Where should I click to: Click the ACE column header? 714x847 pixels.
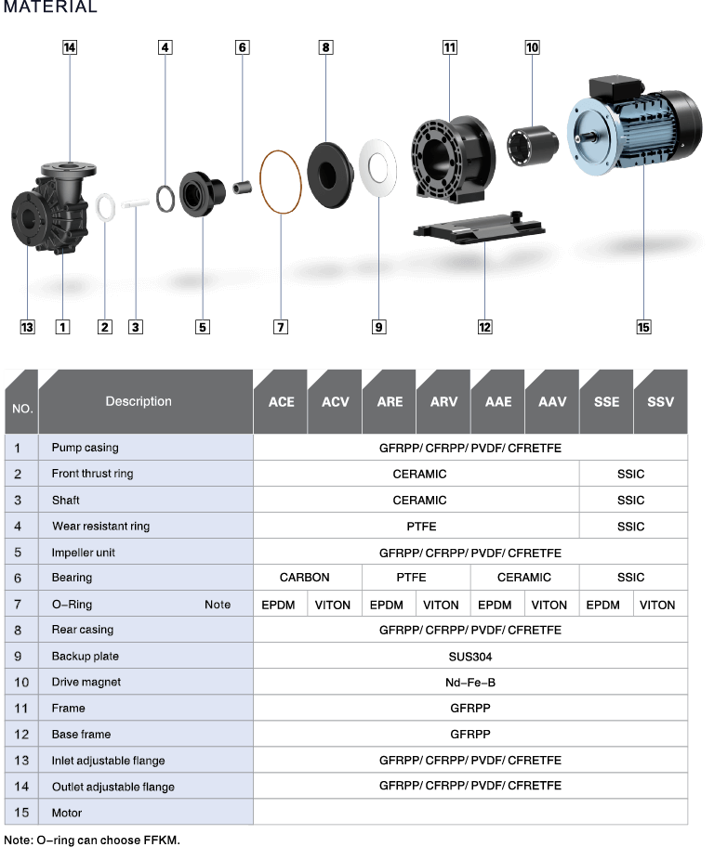point(281,402)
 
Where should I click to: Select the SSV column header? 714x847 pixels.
point(660,402)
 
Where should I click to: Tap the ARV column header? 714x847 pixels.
point(443,402)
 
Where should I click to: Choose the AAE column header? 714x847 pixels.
point(498,402)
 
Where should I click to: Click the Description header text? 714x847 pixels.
point(139,401)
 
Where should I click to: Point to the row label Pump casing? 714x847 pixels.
point(85,448)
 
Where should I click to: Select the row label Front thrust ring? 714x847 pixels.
point(92,474)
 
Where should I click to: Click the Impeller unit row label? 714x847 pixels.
point(84,552)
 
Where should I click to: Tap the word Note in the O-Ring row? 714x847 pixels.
point(218,605)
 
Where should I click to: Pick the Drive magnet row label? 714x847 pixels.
point(86,682)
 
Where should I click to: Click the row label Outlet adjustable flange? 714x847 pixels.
point(113,787)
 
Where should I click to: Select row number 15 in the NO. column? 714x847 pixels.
point(21,813)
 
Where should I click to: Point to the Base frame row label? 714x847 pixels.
point(81,734)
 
